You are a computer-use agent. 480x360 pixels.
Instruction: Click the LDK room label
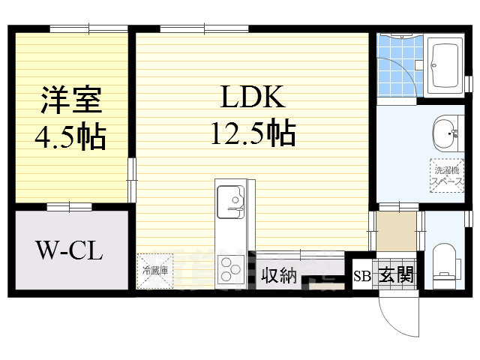251,97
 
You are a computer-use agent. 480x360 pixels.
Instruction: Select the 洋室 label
71,100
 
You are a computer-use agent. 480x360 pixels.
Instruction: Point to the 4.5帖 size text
71,136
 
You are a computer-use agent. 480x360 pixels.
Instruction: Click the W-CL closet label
70,250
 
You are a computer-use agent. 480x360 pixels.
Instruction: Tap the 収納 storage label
278,276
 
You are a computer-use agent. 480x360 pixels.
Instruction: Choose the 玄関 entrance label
395,276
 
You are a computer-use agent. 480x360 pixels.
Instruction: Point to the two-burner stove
230,267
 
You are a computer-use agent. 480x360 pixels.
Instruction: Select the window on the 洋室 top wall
88,29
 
